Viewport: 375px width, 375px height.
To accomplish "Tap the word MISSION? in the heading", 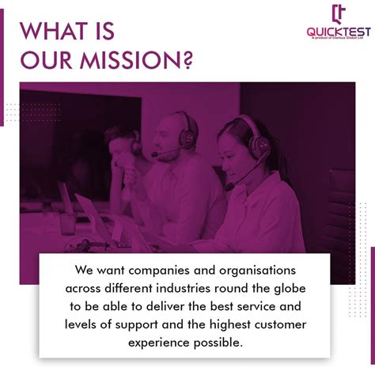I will tap(146, 61).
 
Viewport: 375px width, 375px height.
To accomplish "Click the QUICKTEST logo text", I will tap(339, 32).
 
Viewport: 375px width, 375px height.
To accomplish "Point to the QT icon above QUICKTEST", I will tap(339, 13).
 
